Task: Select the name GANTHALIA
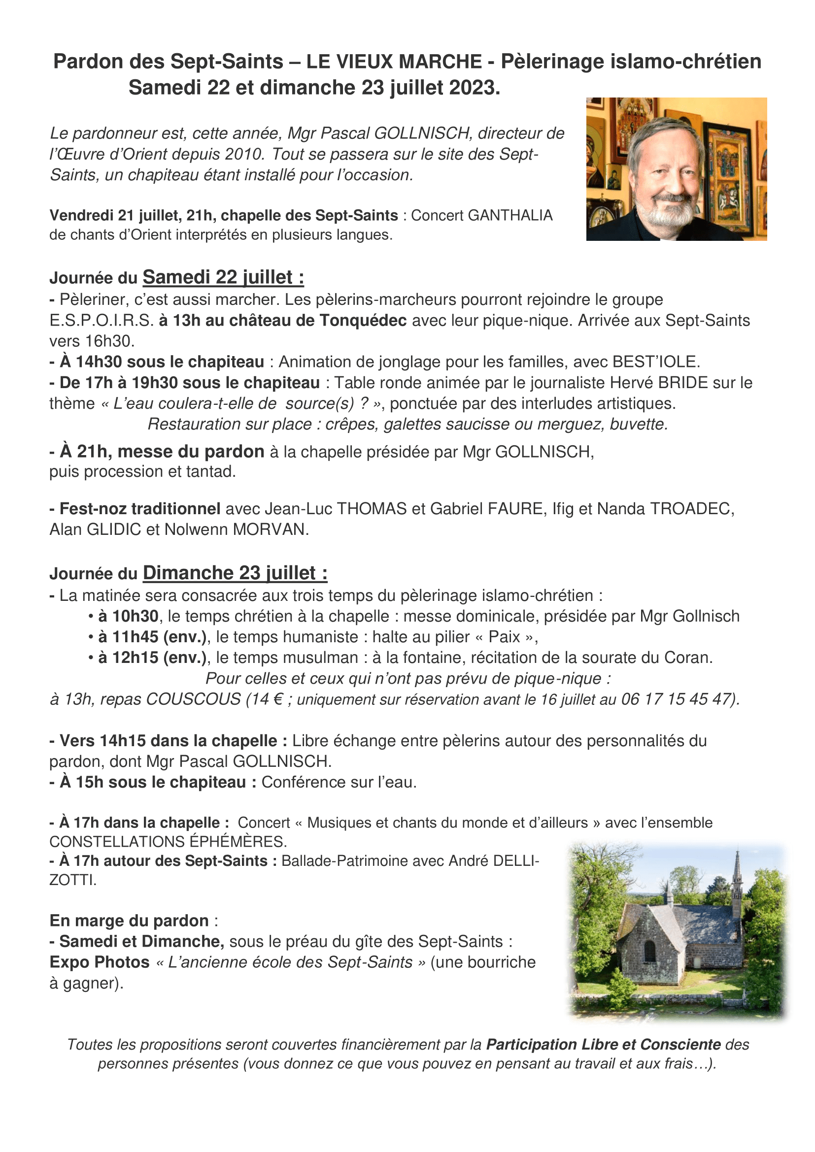(510, 215)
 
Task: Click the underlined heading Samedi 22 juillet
(223, 277)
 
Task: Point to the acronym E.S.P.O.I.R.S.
(102, 321)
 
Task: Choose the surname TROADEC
(692, 509)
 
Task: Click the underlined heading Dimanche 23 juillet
(235, 573)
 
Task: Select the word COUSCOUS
(193, 699)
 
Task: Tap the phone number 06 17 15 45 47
(678, 699)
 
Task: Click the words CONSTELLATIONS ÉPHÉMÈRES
(168, 841)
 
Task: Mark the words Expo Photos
(100, 962)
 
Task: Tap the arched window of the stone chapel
(649, 951)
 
